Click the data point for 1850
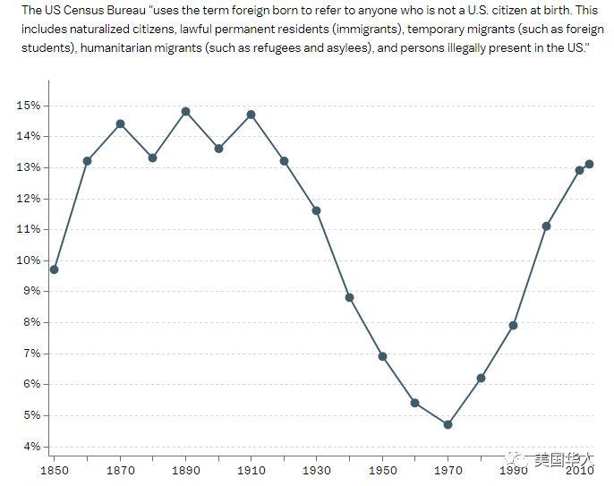55,269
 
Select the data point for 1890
185,112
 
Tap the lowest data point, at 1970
448,424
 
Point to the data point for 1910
251,115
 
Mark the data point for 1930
316,210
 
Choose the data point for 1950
382,356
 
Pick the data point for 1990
513,325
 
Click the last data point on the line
589,164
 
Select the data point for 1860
87,161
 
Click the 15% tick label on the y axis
28,106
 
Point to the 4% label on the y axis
31,447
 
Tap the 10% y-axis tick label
28,260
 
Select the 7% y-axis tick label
31,354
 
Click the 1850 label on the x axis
55,470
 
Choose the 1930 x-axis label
316,470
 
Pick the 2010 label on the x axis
578,470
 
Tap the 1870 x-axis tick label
120,470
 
